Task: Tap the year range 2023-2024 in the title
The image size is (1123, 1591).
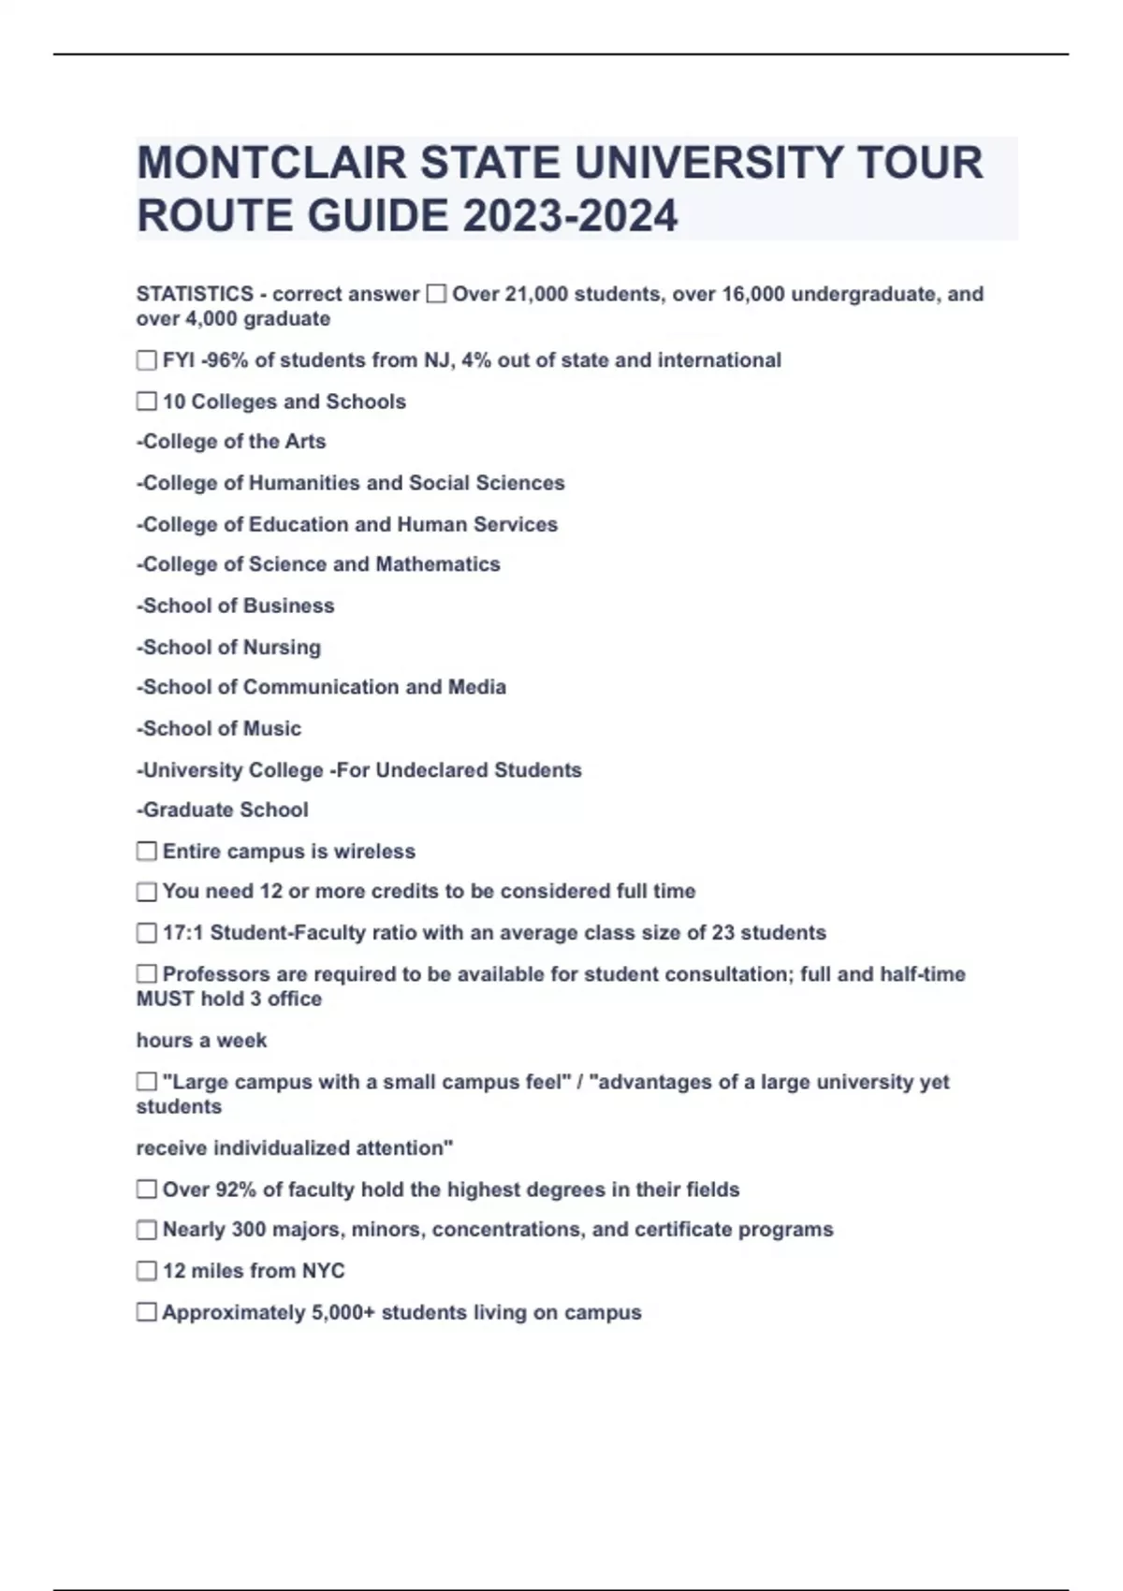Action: (570, 216)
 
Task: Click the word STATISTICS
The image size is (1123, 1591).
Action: (195, 294)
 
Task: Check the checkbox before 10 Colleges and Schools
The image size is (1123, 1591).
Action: (147, 401)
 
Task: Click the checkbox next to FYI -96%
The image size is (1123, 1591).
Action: (147, 360)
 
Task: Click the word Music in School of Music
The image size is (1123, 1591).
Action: (272, 728)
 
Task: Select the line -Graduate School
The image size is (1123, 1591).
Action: (223, 810)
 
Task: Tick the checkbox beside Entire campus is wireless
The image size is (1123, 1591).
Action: (147, 852)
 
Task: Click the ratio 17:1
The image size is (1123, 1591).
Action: (183, 933)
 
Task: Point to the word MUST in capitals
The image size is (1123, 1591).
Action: (165, 999)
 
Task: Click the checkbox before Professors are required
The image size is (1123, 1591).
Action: (147, 974)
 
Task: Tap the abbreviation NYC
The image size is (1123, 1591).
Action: (322, 1271)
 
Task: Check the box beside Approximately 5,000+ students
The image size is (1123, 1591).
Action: (147, 1312)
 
